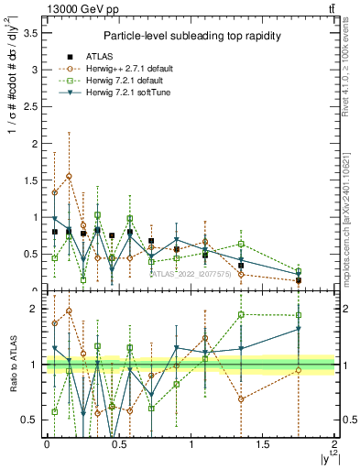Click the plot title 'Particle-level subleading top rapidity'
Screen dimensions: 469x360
191,36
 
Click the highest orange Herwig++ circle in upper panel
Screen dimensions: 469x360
69,176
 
